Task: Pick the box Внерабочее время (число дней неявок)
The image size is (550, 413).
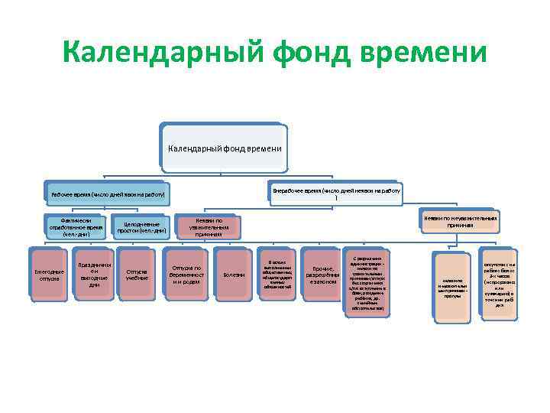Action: [336, 191]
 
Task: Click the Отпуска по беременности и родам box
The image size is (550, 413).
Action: [186, 273]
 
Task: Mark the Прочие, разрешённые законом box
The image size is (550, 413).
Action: [322, 274]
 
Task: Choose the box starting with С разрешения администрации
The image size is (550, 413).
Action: [368, 278]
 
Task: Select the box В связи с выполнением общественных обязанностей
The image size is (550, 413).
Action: [277, 274]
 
